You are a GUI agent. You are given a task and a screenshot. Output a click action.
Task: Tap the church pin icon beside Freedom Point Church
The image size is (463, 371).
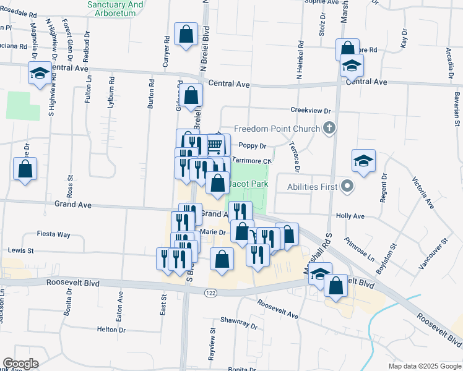coord(329,129)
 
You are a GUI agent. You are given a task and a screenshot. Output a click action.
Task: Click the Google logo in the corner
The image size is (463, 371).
coord(20,364)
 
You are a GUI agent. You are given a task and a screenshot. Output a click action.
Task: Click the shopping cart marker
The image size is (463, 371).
coord(215,146)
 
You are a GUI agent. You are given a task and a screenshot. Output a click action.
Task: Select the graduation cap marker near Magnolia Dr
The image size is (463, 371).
coord(40,74)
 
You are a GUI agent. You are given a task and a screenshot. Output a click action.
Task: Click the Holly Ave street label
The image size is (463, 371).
coord(350,216)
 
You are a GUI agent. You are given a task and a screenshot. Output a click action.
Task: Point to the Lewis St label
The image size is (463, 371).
coord(21,251)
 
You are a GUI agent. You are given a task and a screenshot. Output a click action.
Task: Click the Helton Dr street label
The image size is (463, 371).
coord(111,330)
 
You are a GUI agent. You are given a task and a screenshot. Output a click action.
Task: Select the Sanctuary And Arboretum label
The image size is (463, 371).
coord(116,9)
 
